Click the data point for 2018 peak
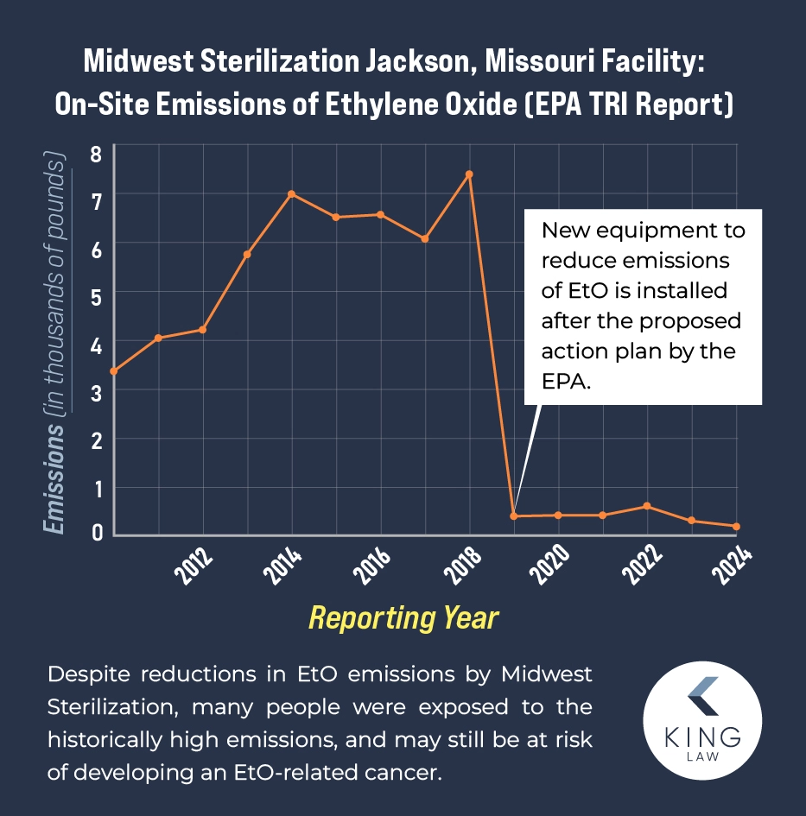469,174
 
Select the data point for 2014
292,193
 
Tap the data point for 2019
514,516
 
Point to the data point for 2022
647,506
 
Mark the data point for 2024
736,527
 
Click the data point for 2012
203,329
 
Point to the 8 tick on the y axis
97,155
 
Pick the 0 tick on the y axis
97,532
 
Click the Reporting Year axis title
403,618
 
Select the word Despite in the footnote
87,674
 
